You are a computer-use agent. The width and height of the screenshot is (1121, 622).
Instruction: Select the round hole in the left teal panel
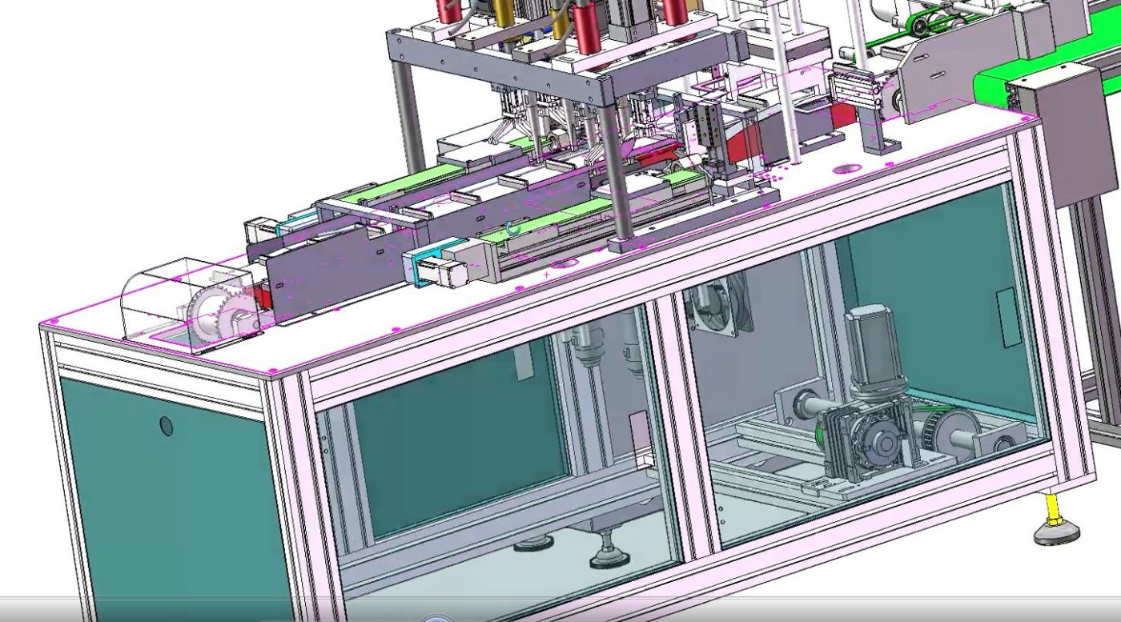tap(167, 425)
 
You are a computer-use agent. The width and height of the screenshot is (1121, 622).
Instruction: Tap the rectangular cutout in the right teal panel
tap(1006, 307)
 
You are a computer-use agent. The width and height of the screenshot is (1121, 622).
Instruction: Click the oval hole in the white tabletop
tap(846, 169)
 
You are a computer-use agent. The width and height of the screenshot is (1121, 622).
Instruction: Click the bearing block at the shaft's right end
tap(1005, 439)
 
